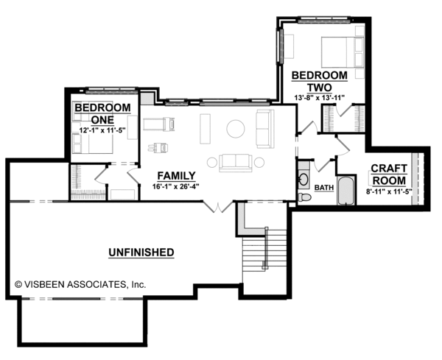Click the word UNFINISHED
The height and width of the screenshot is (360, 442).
click(x=141, y=253)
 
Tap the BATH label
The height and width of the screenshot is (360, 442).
click(x=324, y=188)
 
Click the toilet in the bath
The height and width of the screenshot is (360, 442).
click(x=305, y=198)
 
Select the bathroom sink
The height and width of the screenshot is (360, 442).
click(x=304, y=180)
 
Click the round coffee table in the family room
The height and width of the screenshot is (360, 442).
click(x=235, y=129)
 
